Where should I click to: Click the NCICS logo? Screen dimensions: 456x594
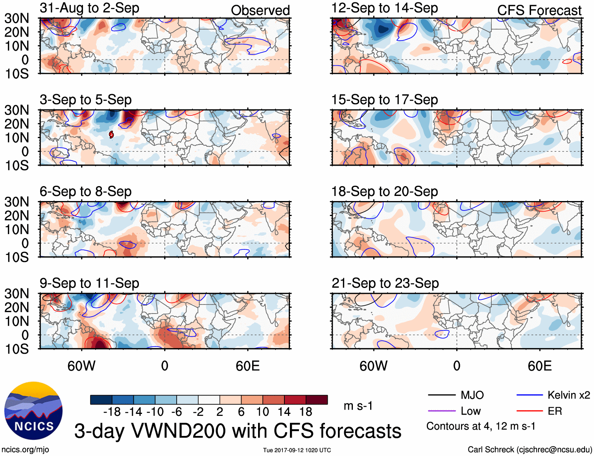(33, 411)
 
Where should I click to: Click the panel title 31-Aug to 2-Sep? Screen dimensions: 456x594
(89, 8)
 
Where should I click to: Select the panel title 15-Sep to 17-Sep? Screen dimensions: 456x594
(384, 100)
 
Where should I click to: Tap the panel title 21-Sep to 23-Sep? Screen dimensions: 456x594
(385, 283)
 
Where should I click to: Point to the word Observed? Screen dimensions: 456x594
(260, 10)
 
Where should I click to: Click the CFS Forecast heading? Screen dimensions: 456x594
(539, 10)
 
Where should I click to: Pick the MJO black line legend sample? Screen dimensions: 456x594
(442, 395)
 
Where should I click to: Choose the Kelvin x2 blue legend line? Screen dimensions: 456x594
(529, 395)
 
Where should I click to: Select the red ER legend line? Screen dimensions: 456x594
(529, 411)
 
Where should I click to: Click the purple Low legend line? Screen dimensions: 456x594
(442, 411)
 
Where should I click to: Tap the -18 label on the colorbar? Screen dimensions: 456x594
(112, 412)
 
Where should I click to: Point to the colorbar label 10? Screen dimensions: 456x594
(262, 412)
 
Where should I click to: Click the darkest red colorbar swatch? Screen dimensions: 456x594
(317, 400)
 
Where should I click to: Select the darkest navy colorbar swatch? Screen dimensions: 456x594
(101, 400)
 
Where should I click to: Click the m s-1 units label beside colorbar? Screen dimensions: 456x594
(358, 406)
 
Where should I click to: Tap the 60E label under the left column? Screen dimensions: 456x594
(247, 366)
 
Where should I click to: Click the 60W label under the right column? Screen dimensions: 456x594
(373, 366)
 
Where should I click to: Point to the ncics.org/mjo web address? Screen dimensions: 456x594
(25, 449)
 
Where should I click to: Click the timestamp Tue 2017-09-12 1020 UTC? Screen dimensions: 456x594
(297, 450)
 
